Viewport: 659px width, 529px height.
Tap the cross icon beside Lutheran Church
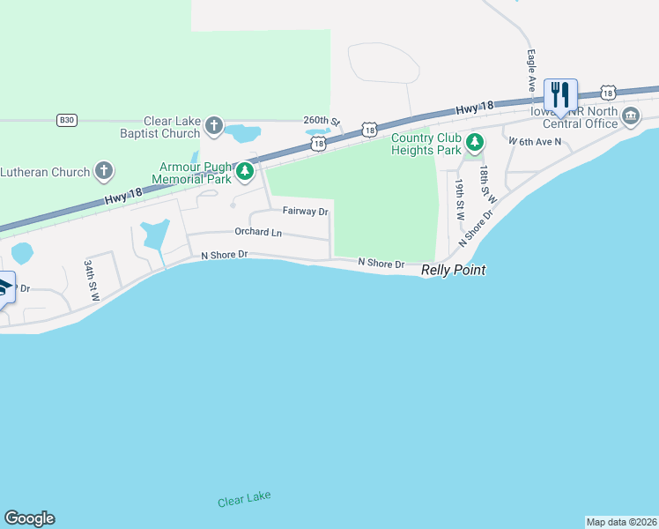[x=104, y=171]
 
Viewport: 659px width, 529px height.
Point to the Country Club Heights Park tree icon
[x=475, y=143]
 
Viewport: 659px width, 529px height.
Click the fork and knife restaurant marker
[x=560, y=94]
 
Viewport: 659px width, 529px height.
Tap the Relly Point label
[x=454, y=270]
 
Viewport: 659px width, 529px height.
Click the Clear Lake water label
[x=244, y=499]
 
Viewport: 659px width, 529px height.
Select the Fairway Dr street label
[x=305, y=212]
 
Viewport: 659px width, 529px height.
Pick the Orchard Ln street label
[x=258, y=232]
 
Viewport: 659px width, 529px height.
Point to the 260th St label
[x=321, y=120]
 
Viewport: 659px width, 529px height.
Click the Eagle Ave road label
[x=532, y=71]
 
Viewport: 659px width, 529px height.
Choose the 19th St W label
[x=460, y=198]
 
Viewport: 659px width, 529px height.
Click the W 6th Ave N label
[x=535, y=140]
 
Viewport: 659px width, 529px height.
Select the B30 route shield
[x=65, y=120]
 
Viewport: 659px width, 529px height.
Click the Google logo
[x=29, y=518]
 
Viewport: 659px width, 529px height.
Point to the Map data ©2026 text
[x=620, y=522]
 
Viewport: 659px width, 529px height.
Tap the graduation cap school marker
[x=4, y=288]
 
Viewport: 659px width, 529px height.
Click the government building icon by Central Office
[x=631, y=116]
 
